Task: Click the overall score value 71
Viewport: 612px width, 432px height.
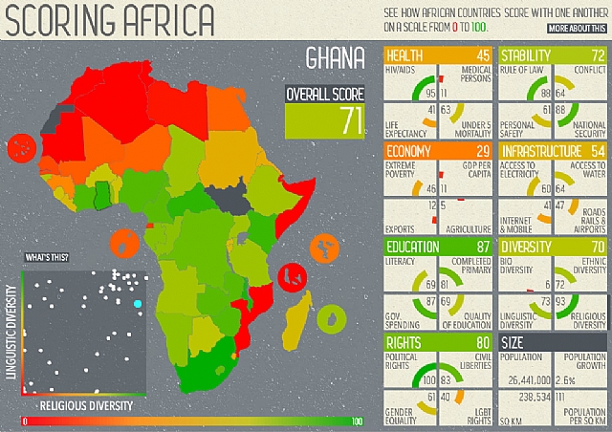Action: (353, 120)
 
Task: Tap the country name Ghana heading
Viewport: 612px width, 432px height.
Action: (335, 59)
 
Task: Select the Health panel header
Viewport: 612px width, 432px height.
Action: (438, 54)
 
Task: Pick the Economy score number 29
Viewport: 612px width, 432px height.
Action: (482, 152)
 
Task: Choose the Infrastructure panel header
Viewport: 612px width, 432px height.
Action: (554, 152)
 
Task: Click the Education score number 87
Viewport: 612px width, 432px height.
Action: (482, 248)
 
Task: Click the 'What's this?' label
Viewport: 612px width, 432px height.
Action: (48, 258)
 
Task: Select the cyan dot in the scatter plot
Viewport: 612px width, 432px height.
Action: (137, 303)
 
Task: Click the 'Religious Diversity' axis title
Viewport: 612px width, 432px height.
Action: (79, 405)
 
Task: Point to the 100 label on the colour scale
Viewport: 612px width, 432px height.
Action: (357, 421)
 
